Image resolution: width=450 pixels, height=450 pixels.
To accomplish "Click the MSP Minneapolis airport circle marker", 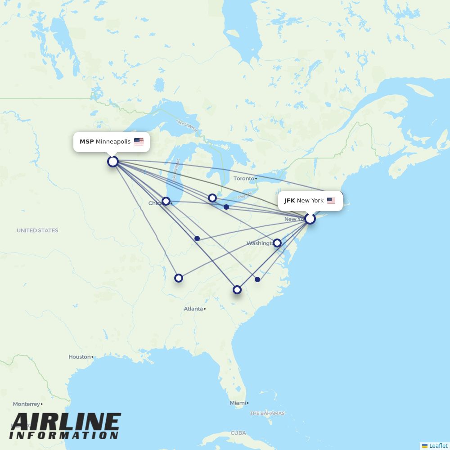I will point(113,162).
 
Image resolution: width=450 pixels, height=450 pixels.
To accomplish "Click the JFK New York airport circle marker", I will point(310,219).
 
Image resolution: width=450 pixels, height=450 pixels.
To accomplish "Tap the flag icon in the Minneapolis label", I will point(139,142).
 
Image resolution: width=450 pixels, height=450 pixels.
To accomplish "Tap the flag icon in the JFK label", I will point(331,201).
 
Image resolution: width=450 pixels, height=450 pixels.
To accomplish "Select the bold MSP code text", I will point(86,142).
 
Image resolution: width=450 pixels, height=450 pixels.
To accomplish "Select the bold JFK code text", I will point(289,201).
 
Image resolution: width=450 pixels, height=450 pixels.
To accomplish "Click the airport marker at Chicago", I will point(166,201).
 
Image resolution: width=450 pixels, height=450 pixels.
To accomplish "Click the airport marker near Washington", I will point(277,243).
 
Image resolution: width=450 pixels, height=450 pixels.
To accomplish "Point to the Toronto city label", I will point(244,179).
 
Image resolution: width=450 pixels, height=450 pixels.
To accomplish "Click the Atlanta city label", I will point(193,309).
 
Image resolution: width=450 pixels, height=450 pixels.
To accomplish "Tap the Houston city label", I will point(80,357).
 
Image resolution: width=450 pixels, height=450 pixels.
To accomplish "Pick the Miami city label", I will point(238,403).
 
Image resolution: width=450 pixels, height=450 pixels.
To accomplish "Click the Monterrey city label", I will point(26,404).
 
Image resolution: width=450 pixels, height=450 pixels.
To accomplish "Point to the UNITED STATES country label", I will point(37,230).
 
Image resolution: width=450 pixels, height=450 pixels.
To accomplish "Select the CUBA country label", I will point(238,433).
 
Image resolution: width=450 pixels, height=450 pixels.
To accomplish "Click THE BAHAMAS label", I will point(267,413).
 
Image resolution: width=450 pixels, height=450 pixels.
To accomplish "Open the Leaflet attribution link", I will point(438,446).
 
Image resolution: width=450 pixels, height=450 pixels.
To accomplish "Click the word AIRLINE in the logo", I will point(66,422).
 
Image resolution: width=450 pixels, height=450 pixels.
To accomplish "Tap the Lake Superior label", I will point(187,126).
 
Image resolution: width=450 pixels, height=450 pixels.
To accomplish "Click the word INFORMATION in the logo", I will point(63,436).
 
